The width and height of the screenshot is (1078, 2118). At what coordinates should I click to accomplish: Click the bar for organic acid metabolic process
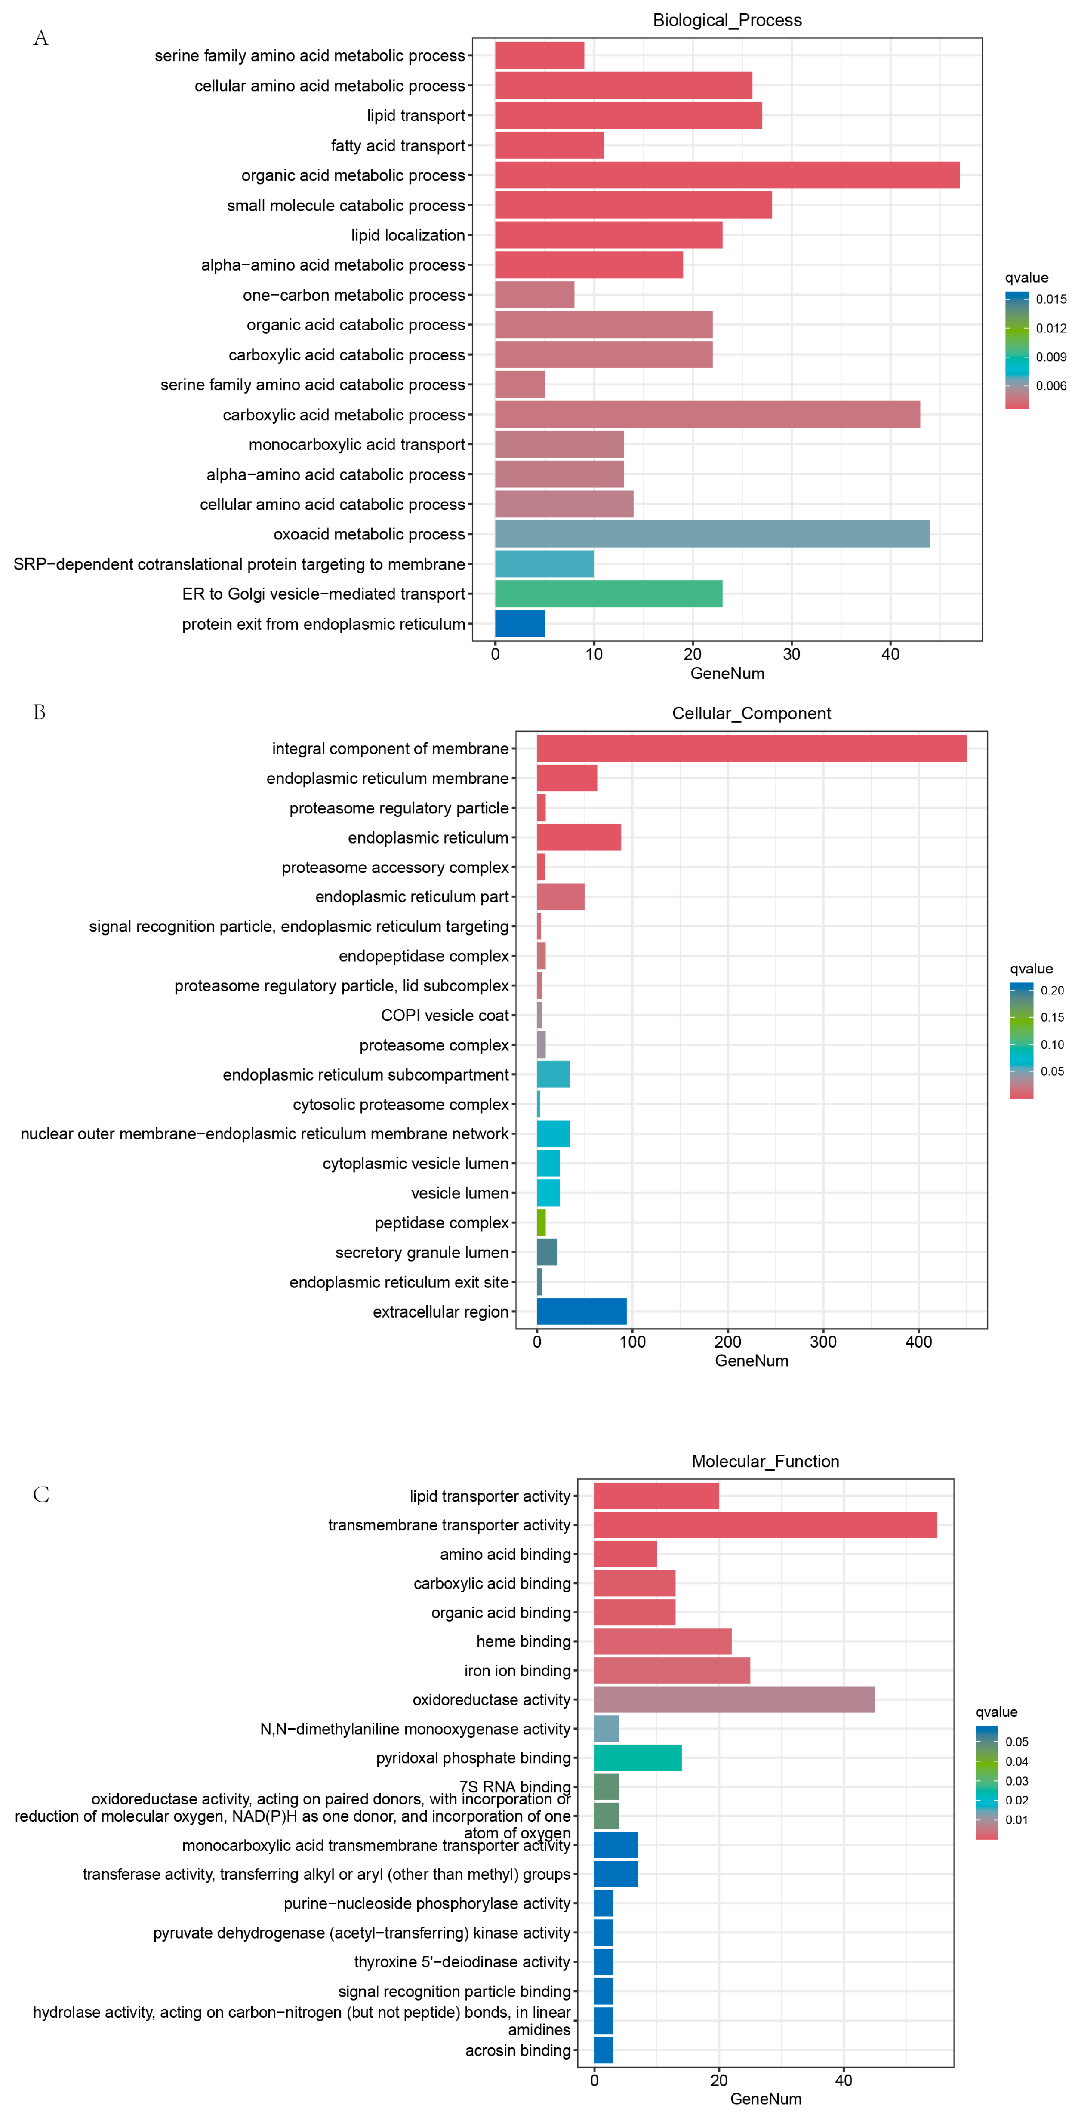coord(727,175)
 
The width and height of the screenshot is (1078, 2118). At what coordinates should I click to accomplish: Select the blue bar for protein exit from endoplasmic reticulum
coord(520,624)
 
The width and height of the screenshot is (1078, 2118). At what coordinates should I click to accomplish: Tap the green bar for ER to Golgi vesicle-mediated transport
coord(609,594)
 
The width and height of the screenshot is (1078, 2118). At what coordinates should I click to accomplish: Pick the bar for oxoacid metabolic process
coord(712,534)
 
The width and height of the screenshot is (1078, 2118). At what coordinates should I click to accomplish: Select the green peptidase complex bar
coord(541,1222)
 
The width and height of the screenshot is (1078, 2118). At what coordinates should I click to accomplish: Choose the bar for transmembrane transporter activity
coord(765,1525)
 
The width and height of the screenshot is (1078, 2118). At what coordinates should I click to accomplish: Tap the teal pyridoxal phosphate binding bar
coord(637,1758)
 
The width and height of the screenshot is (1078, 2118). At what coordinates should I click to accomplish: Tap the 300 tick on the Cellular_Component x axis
coord(823,1342)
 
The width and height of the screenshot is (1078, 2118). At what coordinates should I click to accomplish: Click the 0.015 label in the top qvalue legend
coord(1051,299)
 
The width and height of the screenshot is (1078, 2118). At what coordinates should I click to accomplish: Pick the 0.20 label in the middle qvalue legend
coord(1052,991)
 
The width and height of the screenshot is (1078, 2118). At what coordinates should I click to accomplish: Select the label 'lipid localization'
coord(408,235)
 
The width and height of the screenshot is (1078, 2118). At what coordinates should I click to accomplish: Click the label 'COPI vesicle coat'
coord(445,1016)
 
